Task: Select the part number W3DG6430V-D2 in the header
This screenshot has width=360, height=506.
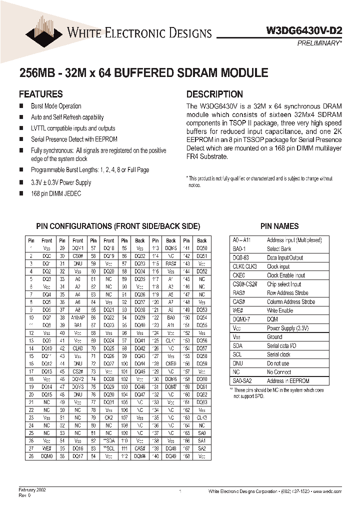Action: pyautogui.click(x=310, y=30)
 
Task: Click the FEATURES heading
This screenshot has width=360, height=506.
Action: pyautogui.click(x=40, y=94)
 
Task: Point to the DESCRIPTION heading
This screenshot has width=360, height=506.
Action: pyautogui.click(x=214, y=94)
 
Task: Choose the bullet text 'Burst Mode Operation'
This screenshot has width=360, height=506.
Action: pyautogui.click(x=56, y=106)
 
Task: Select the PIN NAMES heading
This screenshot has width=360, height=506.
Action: pyautogui.click(x=279, y=226)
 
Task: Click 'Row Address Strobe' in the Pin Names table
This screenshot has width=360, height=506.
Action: pyautogui.click(x=287, y=293)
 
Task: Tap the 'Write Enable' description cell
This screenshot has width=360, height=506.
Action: pyautogui.click(x=280, y=310)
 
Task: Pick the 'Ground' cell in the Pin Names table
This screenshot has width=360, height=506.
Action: pyautogui.click(x=274, y=337)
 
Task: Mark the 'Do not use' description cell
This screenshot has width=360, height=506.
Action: pyautogui.click(x=278, y=363)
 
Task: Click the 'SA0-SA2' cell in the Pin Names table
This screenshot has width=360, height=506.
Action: pyautogui.click(x=241, y=381)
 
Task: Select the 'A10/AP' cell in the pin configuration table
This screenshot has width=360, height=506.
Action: pyautogui.click(x=78, y=317)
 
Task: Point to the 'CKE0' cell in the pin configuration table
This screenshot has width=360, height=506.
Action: pyautogui.click(x=171, y=364)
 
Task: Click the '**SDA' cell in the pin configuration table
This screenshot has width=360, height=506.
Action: pyautogui.click(x=109, y=440)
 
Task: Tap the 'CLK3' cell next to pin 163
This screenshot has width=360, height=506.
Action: pyautogui.click(x=201, y=417)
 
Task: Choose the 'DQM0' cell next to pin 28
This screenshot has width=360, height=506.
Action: pyautogui.click(x=47, y=456)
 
